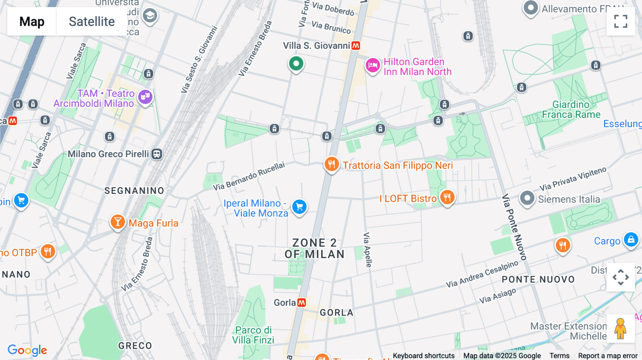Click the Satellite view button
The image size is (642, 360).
[x=92, y=21]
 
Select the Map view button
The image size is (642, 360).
[x=32, y=21]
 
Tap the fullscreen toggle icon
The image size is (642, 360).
[x=621, y=21]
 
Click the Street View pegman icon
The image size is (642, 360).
[x=620, y=329]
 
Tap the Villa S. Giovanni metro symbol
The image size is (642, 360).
[x=356, y=46]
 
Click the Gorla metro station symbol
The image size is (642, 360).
[x=302, y=303]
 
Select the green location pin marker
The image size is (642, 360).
[x=296, y=64]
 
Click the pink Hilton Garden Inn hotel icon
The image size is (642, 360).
[x=372, y=66]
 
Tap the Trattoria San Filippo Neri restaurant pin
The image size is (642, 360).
[x=331, y=164]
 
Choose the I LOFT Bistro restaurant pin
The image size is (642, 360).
[x=447, y=197]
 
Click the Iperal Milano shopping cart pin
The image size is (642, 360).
[x=299, y=207]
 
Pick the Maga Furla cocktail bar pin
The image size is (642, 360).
[x=117, y=222]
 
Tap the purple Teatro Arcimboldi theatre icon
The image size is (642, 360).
[x=145, y=97]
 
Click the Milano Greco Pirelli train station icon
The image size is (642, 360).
[x=157, y=154]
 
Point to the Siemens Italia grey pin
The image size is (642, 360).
[x=527, y=198]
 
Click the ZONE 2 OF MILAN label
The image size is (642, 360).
[x=314, y=248]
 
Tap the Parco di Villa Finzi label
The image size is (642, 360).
[x=253, y=335]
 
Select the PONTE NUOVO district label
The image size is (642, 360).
[x=538, y=279]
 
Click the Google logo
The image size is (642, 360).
[x=27, y=350]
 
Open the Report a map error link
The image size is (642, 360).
[x=607, y=356]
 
